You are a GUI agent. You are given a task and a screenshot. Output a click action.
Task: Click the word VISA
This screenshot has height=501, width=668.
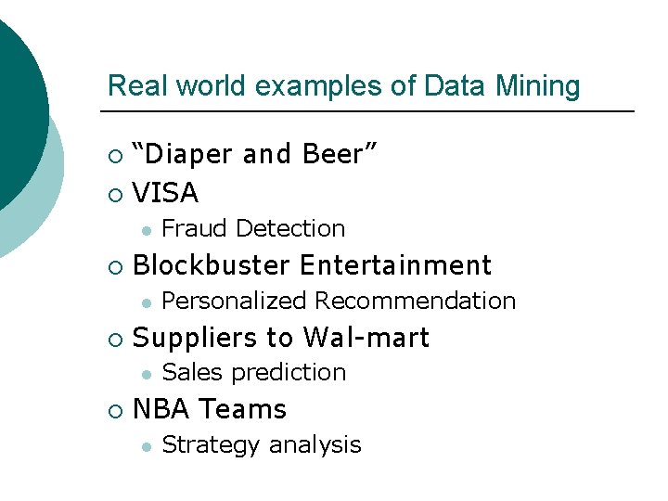(x=166, y=193)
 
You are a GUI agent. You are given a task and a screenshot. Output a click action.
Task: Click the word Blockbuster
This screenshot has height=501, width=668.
(x=212, y=265)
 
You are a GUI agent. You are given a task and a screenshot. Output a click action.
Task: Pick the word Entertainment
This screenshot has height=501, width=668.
(x=395, y=265)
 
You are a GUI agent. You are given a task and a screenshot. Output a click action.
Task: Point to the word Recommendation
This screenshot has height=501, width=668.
(x=416, y=301)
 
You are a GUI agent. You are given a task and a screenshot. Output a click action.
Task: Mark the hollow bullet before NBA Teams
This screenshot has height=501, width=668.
(x=113, y=410)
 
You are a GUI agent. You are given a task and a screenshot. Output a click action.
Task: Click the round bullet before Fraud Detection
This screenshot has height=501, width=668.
(x=145, y=229)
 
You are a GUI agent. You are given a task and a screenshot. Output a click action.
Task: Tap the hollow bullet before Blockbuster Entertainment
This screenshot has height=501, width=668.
(x=113, y=266)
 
